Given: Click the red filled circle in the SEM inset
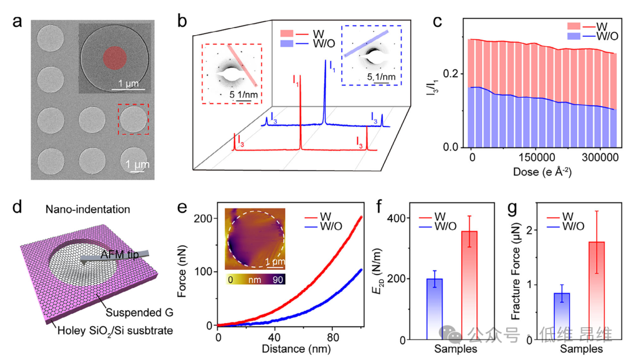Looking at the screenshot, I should (x=115, y=57).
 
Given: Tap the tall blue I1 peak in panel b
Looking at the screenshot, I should (x=325, y=94).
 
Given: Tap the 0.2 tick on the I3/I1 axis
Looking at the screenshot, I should (x=454, y=74).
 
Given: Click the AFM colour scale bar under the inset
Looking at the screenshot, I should (x=255, y=280).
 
